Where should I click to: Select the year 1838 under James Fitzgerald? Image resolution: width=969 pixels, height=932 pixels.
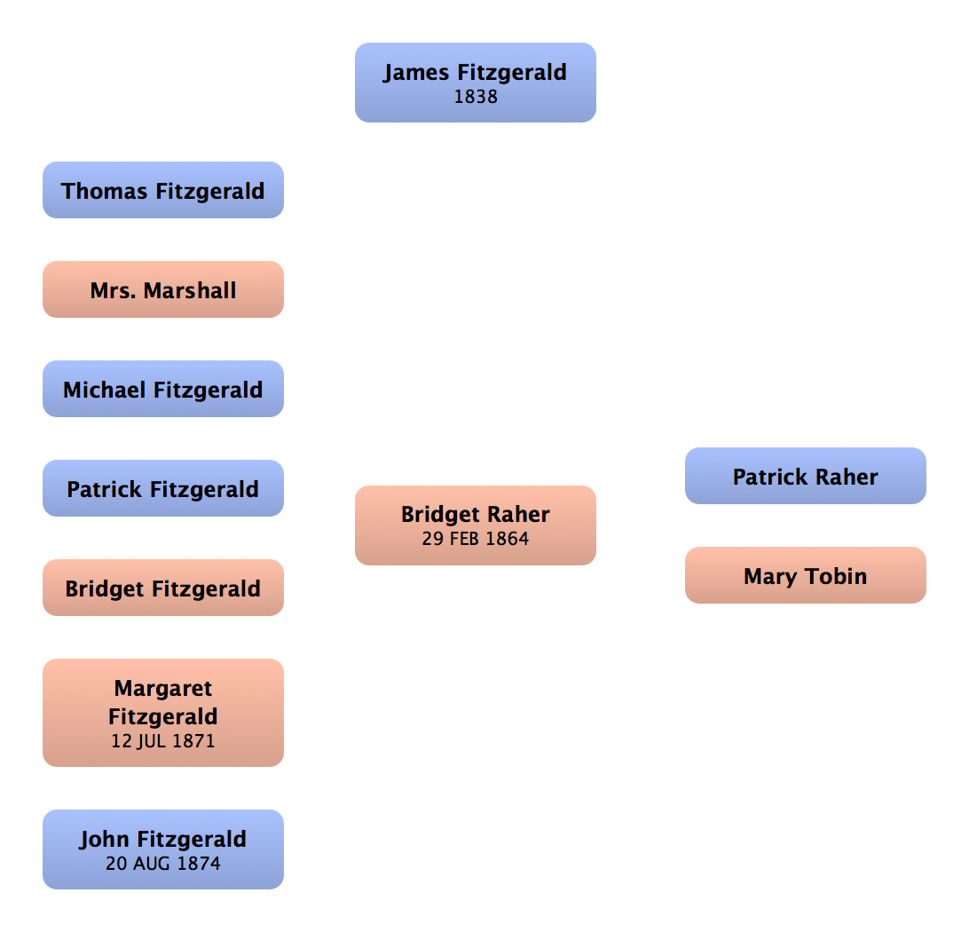[476, 98]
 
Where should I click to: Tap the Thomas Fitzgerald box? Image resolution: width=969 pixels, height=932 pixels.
[163, 191]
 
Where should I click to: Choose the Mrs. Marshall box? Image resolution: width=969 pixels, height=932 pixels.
[163, 290]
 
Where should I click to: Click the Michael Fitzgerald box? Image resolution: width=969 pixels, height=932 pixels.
[163, 390]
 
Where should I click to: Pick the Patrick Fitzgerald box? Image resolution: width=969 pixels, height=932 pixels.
[163, 489]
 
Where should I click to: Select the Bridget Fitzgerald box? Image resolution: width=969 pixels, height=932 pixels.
[163, 588]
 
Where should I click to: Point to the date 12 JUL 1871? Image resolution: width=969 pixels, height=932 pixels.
[163, 740]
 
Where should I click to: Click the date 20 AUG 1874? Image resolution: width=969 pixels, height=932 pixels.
[163, 863]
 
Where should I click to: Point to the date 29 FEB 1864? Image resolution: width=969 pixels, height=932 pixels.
[476, 538]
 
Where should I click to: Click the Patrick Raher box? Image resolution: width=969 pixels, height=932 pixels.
[806, 477]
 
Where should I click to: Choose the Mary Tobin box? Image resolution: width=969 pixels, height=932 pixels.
[806, 576]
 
